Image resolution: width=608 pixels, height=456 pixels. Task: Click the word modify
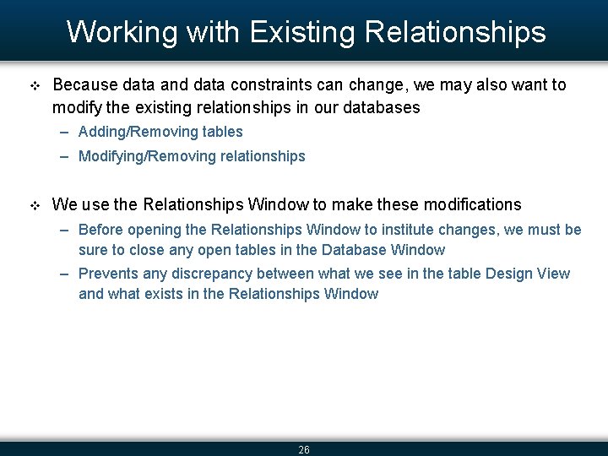74,107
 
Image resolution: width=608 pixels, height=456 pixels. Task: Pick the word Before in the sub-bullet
100,230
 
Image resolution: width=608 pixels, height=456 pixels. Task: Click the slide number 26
304,450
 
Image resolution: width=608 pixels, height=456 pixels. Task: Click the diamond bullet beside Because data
35,86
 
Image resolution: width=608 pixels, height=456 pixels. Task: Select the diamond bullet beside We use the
35,205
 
